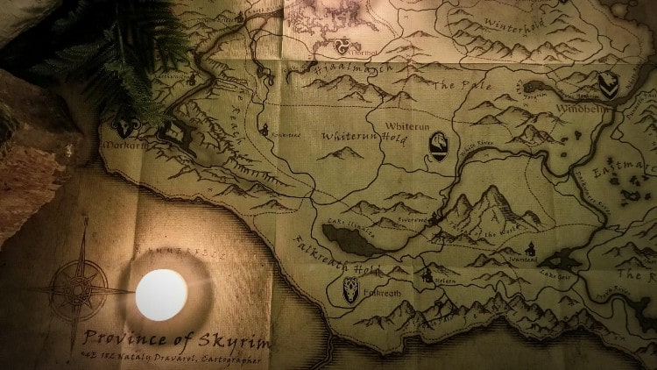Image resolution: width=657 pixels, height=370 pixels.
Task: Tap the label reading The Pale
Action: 456,85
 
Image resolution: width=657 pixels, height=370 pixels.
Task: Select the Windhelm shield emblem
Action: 608,84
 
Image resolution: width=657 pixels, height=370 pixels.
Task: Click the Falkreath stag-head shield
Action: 351,288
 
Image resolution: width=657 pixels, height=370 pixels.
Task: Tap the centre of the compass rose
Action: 81,286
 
